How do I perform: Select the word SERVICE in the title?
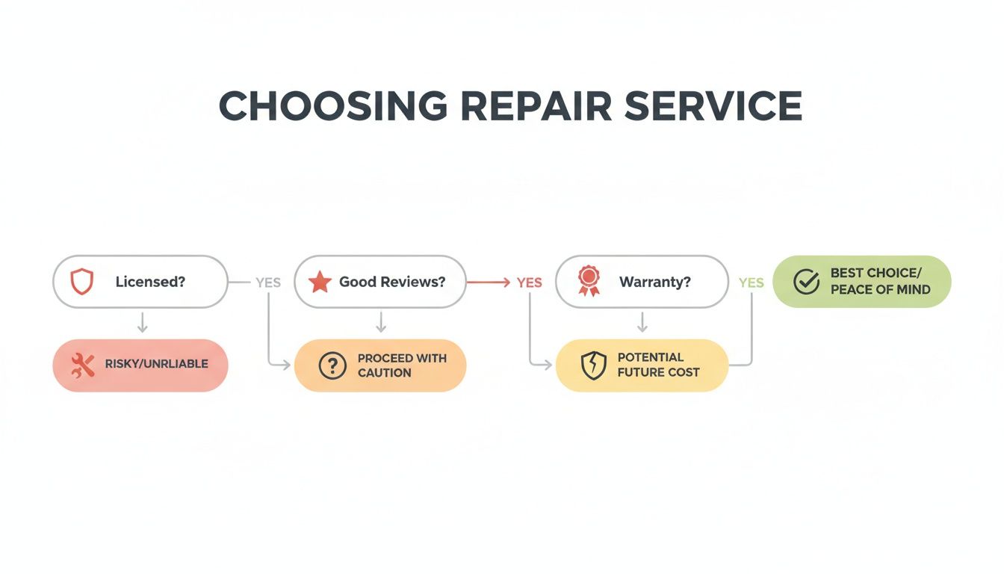click(713, 106)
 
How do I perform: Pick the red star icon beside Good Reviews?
click(320, 282)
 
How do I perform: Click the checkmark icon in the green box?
click(806, 282)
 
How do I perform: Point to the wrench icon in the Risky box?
click(83, 365)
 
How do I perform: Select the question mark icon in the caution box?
click(332, 365)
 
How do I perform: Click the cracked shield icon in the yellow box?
click(593, 365)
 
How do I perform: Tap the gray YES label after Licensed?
click(268, 283)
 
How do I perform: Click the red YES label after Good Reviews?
click(529, 283)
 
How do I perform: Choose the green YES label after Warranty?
click(751, 283)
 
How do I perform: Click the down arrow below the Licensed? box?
click(142, 323)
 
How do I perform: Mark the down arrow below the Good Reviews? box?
click(381, 323)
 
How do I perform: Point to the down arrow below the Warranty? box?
click(642, 323)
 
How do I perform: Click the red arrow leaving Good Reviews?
click(489, 283)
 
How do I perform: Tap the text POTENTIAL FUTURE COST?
click(657, 365)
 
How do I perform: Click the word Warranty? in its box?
click(654, 283)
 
